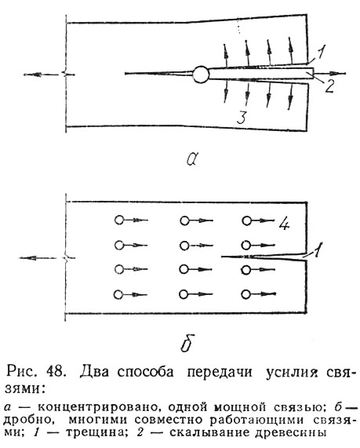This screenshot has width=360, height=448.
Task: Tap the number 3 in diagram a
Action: pos(242,118)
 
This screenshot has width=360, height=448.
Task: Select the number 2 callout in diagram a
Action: pos(329,86)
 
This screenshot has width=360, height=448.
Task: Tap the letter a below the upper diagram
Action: pos(192,158)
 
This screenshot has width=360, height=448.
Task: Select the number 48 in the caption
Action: pos(56,372)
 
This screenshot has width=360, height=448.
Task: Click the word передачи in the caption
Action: pos(220,372)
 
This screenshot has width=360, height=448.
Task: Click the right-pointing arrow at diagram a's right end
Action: pos(329,74)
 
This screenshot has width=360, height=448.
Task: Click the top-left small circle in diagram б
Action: pos(119,220)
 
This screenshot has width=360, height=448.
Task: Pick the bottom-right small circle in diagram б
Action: pos(245,294)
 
